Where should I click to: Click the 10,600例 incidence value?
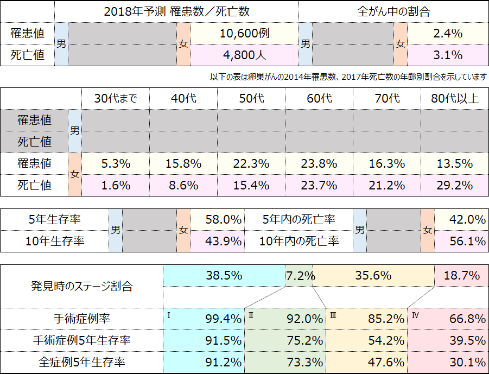click(x=244, y=33)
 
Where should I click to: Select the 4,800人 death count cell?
click(x=244, y=55)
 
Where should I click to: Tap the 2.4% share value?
click(x=448, y=33)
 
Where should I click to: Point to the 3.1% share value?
click(x=448, y=55)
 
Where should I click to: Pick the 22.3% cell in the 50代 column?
click(x=251, y=163)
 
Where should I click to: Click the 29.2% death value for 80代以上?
click(x=454, y=185)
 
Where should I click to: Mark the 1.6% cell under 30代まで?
click(x=115, y=185)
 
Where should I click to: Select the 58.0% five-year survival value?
click(x=224, y=219)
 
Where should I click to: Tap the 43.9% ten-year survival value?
click(x=224, y=241)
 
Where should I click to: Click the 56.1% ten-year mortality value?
click(x=468, y=241)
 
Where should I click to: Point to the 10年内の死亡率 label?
click(x=299, y=241)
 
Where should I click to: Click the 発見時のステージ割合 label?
click(x=82, y=286)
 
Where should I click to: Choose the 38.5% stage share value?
click(x=224, y=275)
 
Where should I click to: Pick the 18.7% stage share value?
click(x=461, y=275)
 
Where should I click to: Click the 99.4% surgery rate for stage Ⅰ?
click(x=224, y=319)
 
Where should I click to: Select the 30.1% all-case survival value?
click(x=468, y=362)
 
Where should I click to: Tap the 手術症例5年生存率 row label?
click(x=82, y=340)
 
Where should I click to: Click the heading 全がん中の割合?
click(x=393, y=11)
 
